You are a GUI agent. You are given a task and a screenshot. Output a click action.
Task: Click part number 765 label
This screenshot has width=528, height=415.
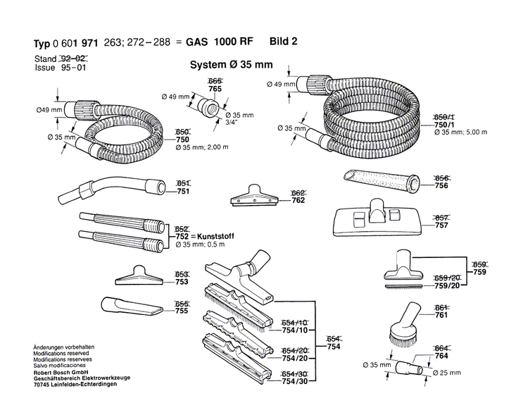coord(215,89)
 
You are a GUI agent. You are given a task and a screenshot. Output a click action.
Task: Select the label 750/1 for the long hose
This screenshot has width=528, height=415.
coord(445,123)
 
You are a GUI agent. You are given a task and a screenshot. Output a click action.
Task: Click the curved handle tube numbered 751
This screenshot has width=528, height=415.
coord(113,185)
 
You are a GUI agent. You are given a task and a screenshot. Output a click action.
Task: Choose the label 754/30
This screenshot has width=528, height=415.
coord(295,381)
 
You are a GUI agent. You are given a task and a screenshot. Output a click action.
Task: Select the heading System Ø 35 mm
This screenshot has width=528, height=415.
coord(231,65)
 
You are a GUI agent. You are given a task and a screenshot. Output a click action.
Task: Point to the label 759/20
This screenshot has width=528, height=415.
coord(447,287)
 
